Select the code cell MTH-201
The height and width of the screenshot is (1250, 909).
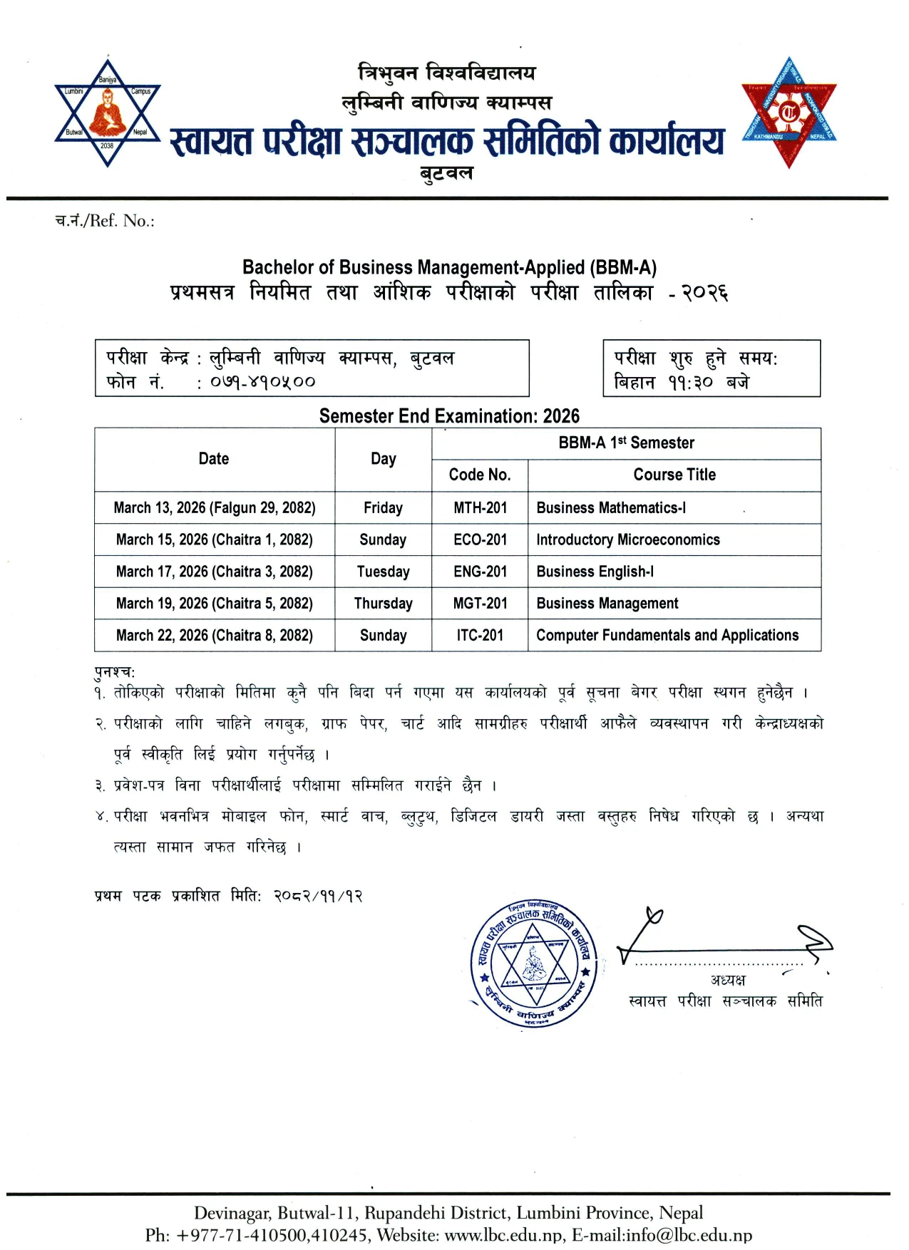point(480,508)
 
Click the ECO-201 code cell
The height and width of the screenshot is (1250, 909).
point(480,540)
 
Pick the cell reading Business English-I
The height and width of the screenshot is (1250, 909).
point(595,572)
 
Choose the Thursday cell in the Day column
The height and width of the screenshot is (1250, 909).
point(383,604)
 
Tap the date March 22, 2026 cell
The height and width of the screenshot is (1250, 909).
point(214,636)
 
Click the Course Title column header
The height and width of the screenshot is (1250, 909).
point(674,475)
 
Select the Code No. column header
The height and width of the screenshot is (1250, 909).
point(479,475)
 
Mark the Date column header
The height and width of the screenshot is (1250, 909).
point(214,459)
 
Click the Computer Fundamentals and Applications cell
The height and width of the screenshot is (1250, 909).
point(667,636)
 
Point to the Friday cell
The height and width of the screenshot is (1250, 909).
point(383,508)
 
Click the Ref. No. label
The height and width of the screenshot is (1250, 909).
point(105,221)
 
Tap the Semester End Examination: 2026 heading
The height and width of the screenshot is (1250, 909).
point(449,416)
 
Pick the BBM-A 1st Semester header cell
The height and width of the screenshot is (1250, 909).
point(626,443)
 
